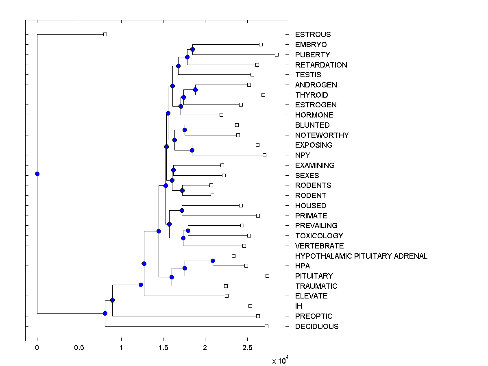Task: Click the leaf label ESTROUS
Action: coord(313,35)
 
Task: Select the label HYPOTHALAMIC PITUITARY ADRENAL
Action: coord(361,256)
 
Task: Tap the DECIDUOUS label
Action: coord(316,327)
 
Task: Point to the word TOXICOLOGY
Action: coord(319,236)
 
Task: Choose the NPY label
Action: coord(303,155)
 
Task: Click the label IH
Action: coord(298,306)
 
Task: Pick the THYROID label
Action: coord(311,95)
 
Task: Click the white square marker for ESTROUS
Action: coord(105,34)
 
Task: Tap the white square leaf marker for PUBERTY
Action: coord(277,54)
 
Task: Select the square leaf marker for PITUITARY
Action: coord(267,276)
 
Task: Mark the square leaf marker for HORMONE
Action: coord(221,115)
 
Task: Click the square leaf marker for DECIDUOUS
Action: coord(266,326)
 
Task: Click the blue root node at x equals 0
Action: coord(37,174)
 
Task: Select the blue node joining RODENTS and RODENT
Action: coord(182,190)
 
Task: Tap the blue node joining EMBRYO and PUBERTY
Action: coord(192,49)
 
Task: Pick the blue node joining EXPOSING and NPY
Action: coord(192,150)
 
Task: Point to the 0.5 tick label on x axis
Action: coord(79,348)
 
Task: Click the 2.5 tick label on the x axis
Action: coord(247,348)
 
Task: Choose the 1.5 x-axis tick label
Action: coord(163,348)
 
